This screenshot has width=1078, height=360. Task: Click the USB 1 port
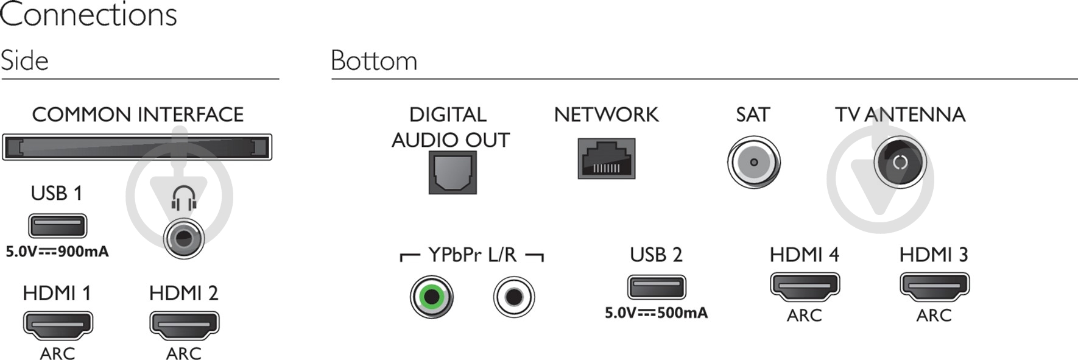[58, 226]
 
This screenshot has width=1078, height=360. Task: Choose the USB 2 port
[656, 287]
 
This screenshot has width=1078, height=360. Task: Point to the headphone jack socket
[183, 239]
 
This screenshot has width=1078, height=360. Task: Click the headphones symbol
[183, 198]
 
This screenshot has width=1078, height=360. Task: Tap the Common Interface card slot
[137, 147]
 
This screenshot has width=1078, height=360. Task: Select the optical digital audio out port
[453, 172]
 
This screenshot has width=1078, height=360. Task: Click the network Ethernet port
[606, 159]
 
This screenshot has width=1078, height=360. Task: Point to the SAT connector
[753, 163]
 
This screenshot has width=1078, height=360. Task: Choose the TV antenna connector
[900, 163]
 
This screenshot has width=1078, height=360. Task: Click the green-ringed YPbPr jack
[432, 297]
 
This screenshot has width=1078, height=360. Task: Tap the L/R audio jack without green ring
[514, 297]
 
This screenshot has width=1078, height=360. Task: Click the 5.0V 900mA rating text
[57, 252]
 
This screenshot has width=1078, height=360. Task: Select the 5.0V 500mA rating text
[656, 313]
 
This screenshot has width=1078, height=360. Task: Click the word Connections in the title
[88, 15]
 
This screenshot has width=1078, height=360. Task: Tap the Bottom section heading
[374, 61]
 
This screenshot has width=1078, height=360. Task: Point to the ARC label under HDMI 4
[805, 316]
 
